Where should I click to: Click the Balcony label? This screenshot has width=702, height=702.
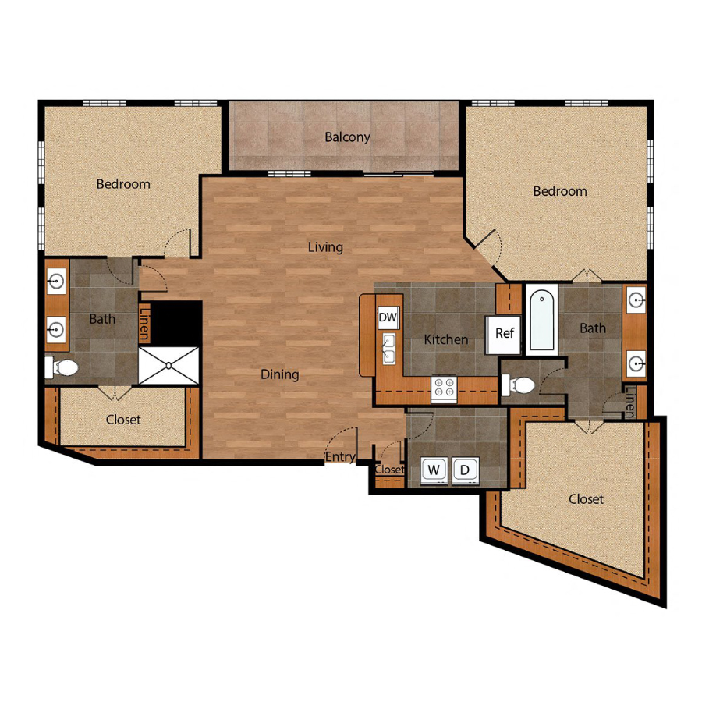(347, 137)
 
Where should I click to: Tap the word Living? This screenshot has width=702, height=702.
(325, 247)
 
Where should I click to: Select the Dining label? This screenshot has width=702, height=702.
(280, 374)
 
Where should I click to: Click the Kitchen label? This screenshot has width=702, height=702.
(446, 339)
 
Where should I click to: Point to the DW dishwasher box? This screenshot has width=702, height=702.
(388, 317)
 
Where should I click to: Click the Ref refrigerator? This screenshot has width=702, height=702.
(504, 335)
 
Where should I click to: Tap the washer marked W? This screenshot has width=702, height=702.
(434, 470)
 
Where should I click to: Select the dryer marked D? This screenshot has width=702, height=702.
(465, 470)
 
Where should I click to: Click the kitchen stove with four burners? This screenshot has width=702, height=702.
(444, 388)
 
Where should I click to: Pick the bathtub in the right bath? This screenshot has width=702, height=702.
(542, 320)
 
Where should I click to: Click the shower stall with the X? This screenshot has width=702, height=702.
(168, 365)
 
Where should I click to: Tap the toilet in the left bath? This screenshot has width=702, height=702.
(62, 367)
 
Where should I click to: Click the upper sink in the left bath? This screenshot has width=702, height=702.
(57, 282)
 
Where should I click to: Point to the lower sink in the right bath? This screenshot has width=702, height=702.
(636, 363)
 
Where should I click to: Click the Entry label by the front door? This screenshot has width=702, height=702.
(340, 457)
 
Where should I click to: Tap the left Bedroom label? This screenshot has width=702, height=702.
(123, 184)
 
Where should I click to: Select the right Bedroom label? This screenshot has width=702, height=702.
(560, 191)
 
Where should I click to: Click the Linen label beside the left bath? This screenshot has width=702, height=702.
(144, 322)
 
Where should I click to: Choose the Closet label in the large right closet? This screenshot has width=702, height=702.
(586, 498)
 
